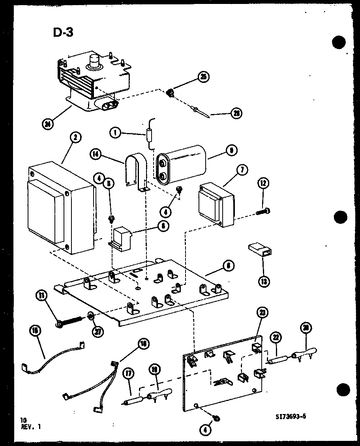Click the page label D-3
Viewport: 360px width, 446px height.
(x=63, y=32)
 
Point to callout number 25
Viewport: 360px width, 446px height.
(x=203, y=77)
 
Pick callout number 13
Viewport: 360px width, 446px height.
(x=264, y=281)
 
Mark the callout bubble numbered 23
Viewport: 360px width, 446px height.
(x=262, y=313)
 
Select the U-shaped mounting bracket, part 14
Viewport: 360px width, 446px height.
(x=136, y=174)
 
